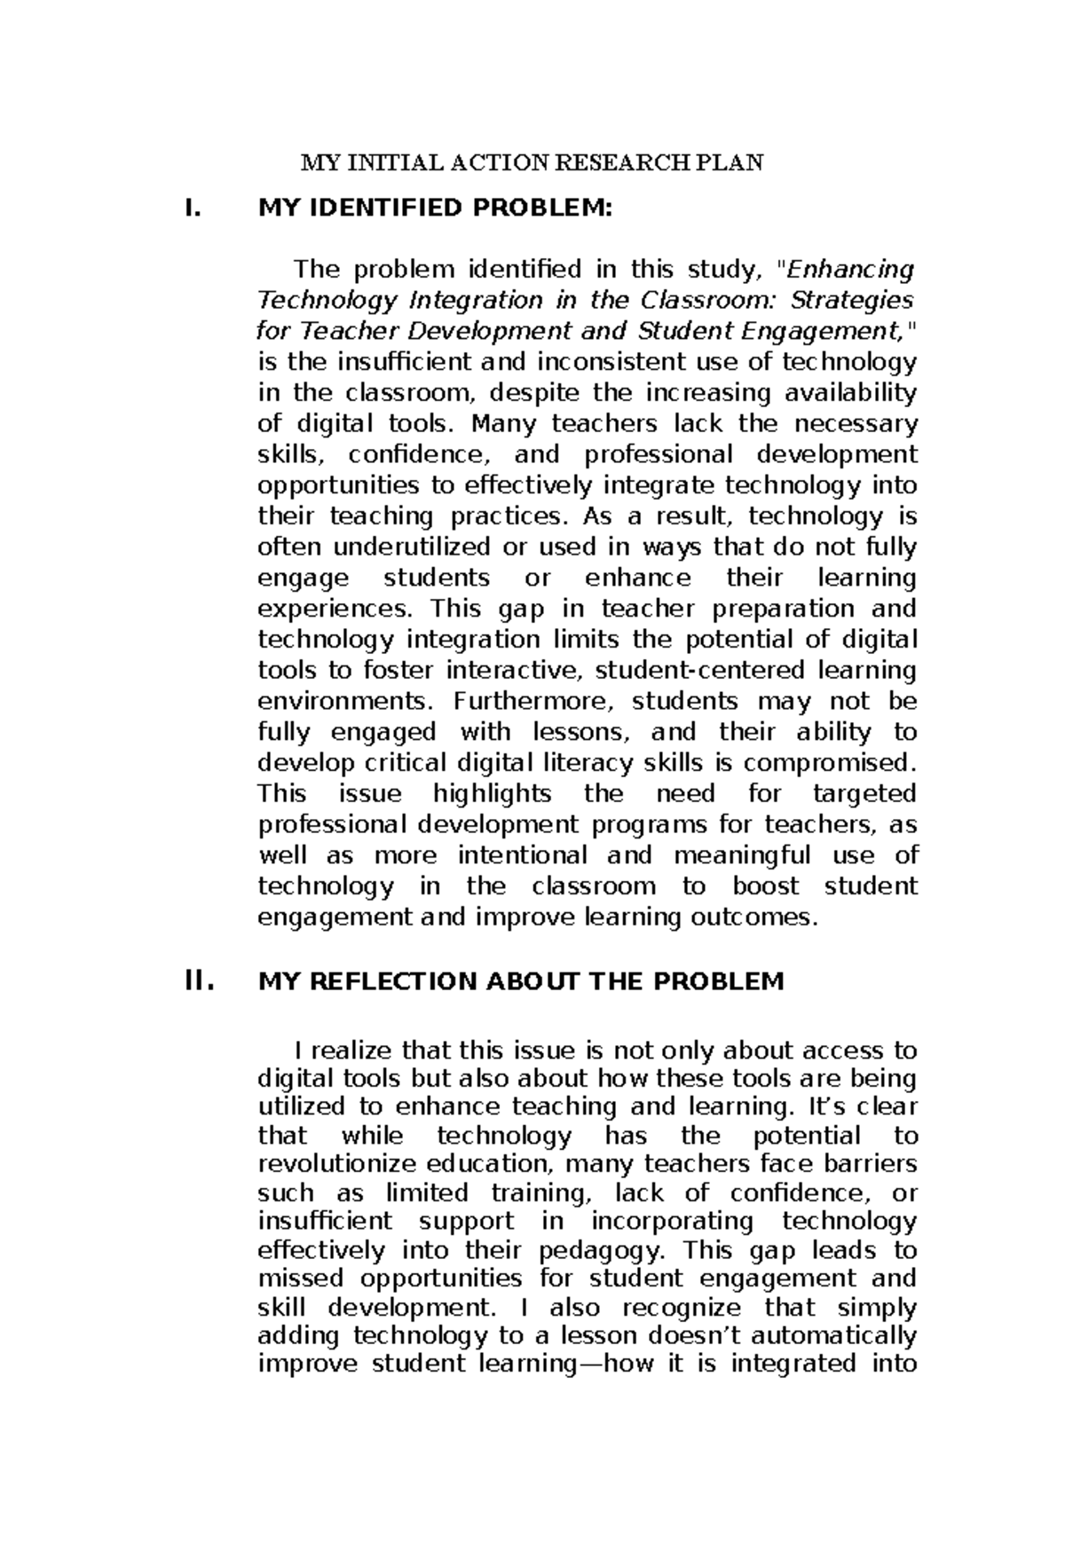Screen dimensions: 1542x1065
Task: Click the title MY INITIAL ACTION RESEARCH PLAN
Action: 532,163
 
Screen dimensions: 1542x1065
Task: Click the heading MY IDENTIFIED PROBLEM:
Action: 434,209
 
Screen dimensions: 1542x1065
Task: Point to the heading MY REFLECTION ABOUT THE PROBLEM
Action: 520,982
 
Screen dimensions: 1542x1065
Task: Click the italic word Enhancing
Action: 851,269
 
